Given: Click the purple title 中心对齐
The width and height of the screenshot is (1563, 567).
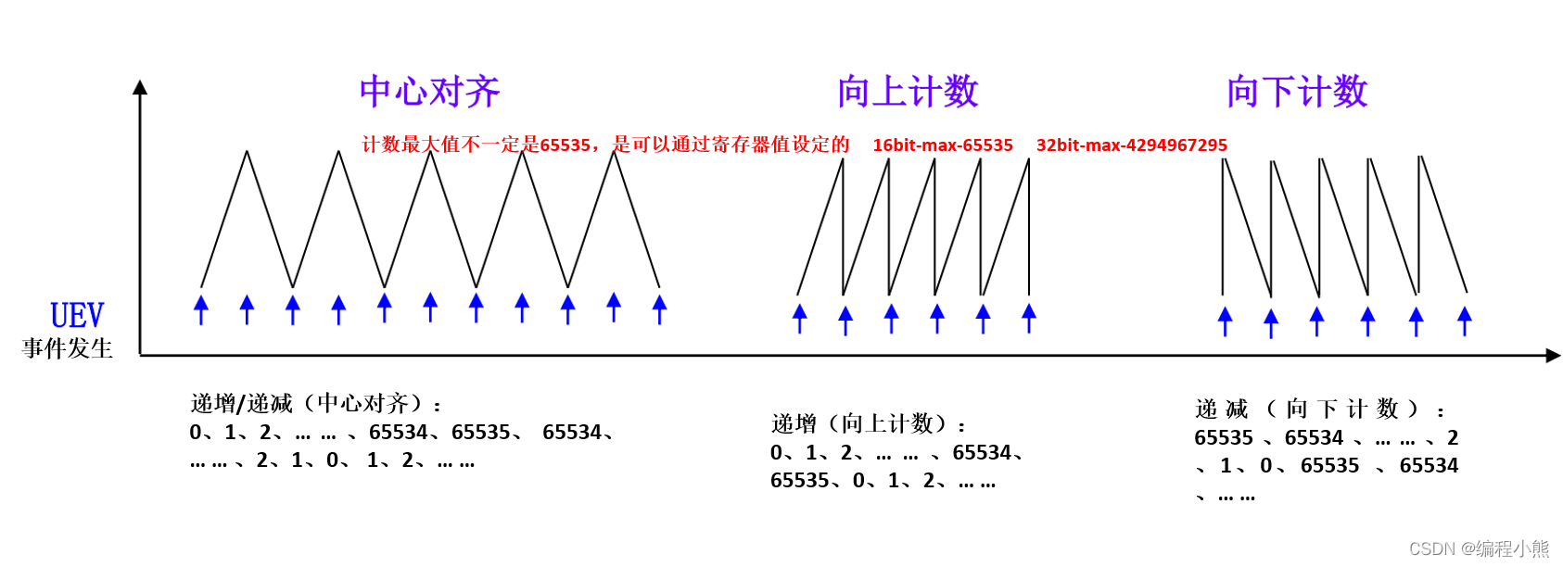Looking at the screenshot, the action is [429, 92].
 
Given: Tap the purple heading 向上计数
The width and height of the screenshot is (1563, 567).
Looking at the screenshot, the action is [908, 92].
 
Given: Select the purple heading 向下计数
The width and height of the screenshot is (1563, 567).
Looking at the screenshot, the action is [1297, 92].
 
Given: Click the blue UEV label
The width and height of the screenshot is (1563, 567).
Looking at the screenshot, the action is [77, 316].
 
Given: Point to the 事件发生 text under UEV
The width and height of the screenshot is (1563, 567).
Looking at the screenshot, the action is [68, 348].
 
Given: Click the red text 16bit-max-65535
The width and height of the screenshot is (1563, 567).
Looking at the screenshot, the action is [942, 145].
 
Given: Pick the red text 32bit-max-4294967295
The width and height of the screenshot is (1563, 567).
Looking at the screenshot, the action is [1131, 145].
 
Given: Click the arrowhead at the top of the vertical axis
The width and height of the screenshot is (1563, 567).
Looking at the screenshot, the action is [140, 87].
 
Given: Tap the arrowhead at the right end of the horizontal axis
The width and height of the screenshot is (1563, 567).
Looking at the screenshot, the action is [1553, 355].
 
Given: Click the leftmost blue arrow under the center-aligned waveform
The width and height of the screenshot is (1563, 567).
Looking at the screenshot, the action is [201, 309].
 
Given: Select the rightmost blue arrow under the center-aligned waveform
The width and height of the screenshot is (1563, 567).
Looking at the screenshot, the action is [659, 309].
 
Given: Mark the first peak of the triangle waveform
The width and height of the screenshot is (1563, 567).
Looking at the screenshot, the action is [247, 152].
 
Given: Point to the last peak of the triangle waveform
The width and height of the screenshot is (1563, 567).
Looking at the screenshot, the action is [614, 152].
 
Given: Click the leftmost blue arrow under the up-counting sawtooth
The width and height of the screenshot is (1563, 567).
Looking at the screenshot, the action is [800, 318].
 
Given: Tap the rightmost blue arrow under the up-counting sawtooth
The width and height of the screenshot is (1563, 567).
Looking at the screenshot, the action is [1029, 318].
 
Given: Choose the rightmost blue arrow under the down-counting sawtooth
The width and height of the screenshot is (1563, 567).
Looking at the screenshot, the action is [1465, 321].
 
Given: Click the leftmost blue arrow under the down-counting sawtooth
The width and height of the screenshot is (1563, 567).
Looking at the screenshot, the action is [1225, 321].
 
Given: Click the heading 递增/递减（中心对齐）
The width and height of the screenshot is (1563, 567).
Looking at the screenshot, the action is [315, 404].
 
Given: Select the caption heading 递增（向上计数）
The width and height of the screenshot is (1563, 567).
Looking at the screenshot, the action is [868, 424].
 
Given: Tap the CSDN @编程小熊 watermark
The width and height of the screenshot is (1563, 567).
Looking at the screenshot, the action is [1479, 548].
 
